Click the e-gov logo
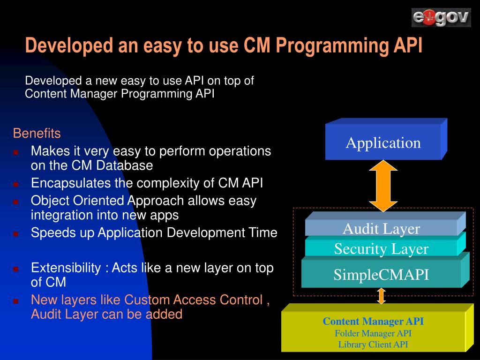pyautogui.click(x=441, y=18)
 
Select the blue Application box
pyautogui.click(x=383, y=142)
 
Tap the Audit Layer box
pyautogui.click(x=381, y=229)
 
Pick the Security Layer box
pyautogui.click(x=381, y=248)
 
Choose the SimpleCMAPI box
pyautogui.click(x=381, y=274)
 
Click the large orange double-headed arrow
pyautogui.click(x=383, y=185)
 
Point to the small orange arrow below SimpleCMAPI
pyautogui.click(x=381, y=296)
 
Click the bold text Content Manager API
pyautogui.click(x=373, y=322)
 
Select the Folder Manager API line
pyautogui.click(x=373, y=333)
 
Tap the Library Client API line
pyautogui.click(x=373, y=345)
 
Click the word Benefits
pyautogui.click(x=37, y=134)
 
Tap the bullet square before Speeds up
pyautogui.click(x=15, y=233)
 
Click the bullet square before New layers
pyautogui.click(x=15, y=300)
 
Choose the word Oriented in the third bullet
pyautogui.click(x=98, y=201)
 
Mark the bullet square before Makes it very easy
pyautogui.click(x=15, y=152)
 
